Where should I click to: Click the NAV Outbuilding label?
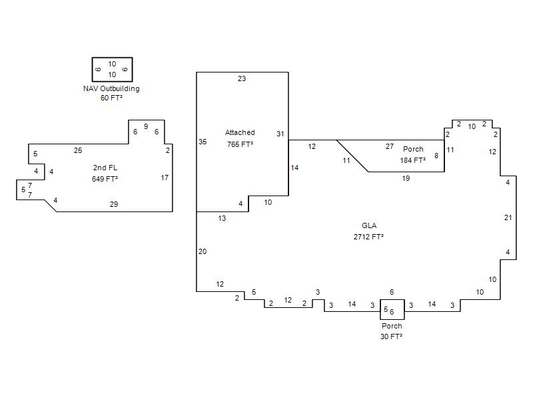pyautogui.click(x=111, y=88)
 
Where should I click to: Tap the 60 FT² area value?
pyautogui.click(x=111, y=98)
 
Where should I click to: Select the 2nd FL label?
pyautogui.click(x=105, y=168)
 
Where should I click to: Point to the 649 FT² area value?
pyautogui.click(x=105, y=179)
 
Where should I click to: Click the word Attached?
pyautogui.click(x=240, y=132)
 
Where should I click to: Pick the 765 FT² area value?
pyautogui.click(x=240, y=144)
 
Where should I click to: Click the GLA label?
pyautogui.click(x=369, y=225)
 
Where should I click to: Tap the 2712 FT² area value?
pyautogui.click(x=368, y=237)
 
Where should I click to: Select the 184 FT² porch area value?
pyautogui.click(x=412, y=160)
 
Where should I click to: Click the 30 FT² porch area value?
pyautogui.click(x=391, y=336)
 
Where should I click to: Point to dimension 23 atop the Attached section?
pyautogui.click(x=242, y=78)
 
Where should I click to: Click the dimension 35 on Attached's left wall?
pyautogui.click(x=203, y=142)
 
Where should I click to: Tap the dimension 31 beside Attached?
pyautogui.click(x=280, y=134)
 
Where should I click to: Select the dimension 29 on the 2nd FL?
pyautogui.click(x=114, y=204)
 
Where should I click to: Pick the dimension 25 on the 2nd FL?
pyautogui.click(x=78, y=151)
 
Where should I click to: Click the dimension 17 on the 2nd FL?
pyautogui.click(x=165, y=178)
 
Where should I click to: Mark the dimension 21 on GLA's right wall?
pyautogui.click(x=508, y=218)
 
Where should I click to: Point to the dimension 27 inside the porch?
pyautogui.click(x=390, y=146)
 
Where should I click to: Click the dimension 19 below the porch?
pyautogui.click(x=406, y=178)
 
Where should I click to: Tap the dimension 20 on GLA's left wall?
pyautogui.click(x=203, y=252)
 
